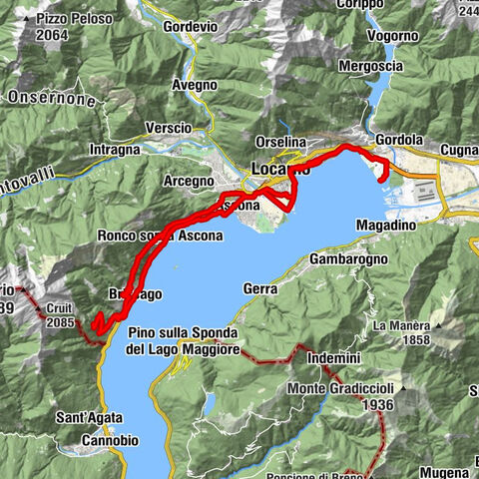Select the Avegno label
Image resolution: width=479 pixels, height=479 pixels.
(x=193, y=86)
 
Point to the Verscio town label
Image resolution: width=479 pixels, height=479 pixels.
(x=167, y=128)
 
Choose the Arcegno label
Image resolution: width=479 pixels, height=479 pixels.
(x=190, y=182)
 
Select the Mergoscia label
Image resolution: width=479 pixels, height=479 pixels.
(x=399, y=66)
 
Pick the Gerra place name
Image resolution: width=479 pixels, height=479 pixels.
(x=259, y=287)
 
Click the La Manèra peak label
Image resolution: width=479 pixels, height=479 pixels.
(x=400, y=326)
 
